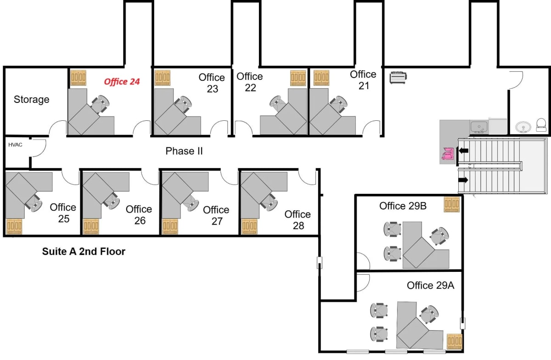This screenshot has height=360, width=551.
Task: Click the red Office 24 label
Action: [x=122, y=82]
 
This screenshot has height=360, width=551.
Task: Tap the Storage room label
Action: [x=32, y=100]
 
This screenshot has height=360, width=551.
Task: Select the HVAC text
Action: [x=15, y=145]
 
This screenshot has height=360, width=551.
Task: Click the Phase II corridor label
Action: [x=184, y=151]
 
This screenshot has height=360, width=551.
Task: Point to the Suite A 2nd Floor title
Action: [x=84, y=252]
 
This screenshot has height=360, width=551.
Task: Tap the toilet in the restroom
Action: [x=541, y=125]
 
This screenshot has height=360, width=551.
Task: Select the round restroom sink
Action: [x=523, y=127]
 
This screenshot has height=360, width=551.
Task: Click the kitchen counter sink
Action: [x=479, y=127]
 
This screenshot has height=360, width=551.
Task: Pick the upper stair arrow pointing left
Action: [x=463, y=151]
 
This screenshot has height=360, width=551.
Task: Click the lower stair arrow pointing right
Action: [x=463, y=180]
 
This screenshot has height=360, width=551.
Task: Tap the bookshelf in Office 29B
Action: [x=452, y=204]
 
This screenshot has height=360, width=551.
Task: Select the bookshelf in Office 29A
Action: [x=455, y=342]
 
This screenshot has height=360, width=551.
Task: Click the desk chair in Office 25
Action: [x=34, y=203]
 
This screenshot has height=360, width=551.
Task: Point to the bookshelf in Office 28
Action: [x=249, y=226]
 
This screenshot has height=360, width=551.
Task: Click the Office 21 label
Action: [x=363, y=80]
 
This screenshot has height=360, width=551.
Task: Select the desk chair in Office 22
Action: [x=278, y=103]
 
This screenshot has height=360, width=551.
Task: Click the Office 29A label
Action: [x=431, y=286]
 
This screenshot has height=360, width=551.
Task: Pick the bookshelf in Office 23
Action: [x=163, y=78]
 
